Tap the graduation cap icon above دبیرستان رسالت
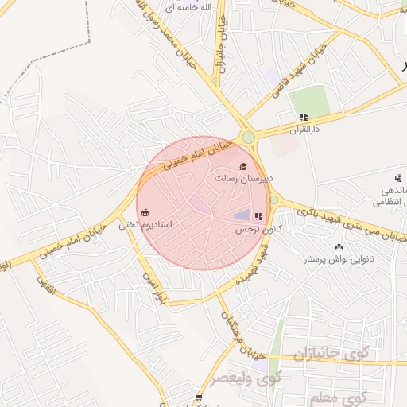[243, 165]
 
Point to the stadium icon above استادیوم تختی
[145, 212]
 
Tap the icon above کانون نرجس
[258, 216]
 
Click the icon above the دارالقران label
[303, 117]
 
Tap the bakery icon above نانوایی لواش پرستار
[339, 246]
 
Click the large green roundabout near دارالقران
[249, 138]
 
